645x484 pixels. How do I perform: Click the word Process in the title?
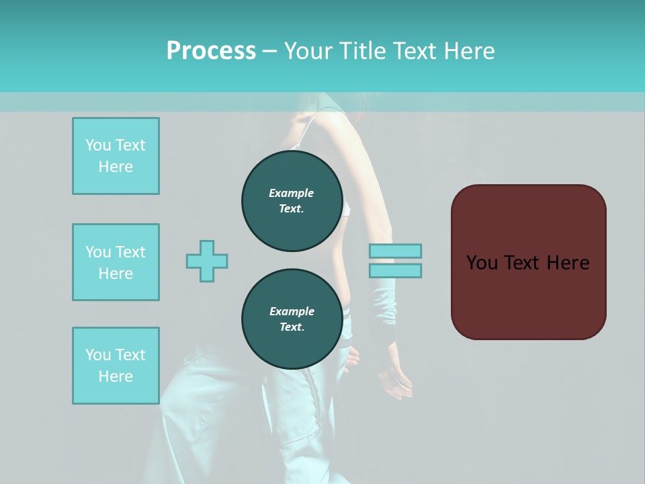click(x=211, y=50)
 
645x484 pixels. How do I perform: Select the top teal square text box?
click(x=116, y=156)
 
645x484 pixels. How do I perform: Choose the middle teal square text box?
click(x=116, y=262)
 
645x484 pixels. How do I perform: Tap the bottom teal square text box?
click(x=116, y=366)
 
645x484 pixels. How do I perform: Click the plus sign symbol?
click(x=207, y=261)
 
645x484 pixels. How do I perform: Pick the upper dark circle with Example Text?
click(x=292, y=201)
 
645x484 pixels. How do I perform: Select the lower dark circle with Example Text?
click(x=292, y=319)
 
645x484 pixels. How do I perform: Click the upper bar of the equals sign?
click(x=395, y=251)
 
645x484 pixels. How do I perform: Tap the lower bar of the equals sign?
click(x=395, y=270)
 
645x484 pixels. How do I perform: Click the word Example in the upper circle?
click(x=292, y=193)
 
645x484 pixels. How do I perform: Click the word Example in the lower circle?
click(x=292, y=311)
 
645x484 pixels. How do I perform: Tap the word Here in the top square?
click(x=116, y=167)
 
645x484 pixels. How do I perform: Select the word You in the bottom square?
click(x=98, y=355)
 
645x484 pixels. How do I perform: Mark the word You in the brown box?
click(x=482, y=263)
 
